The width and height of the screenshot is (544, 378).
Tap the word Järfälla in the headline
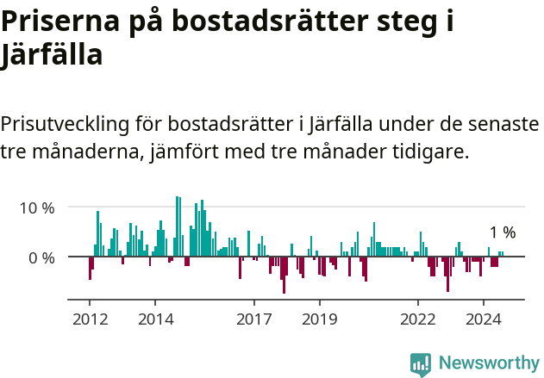coord(52,56)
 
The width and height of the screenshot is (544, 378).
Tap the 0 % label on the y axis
coord(42,257)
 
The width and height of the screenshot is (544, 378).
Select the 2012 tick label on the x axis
coord(90,319)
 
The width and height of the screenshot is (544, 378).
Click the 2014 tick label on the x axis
coord(155,319)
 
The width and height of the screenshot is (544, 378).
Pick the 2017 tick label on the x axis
coord(253,319)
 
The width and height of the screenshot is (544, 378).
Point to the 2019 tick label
coord(319,319)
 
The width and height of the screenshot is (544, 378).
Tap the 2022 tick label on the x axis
coord(418,319)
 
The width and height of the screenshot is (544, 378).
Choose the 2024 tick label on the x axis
coord(484,319)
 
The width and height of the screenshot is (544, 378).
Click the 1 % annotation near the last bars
coord(502,232)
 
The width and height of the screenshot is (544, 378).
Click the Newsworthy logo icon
coord(421,363)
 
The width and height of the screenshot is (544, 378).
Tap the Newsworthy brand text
coord(488,363)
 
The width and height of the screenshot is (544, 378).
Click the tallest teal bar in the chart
coord(176,226)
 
